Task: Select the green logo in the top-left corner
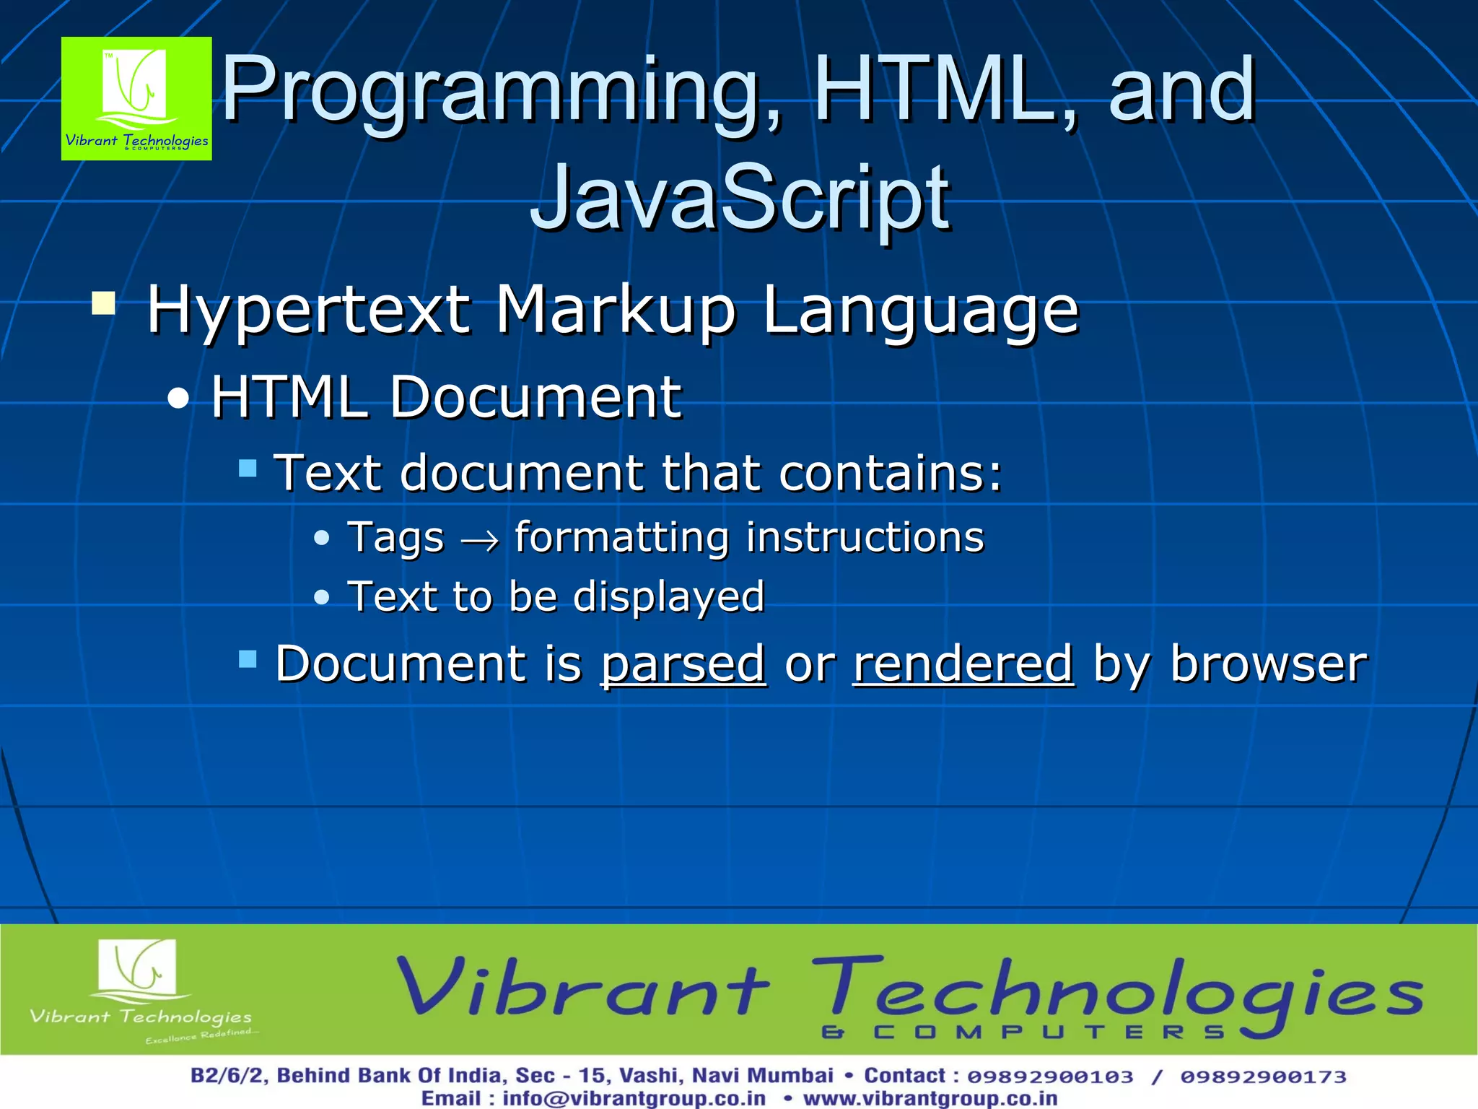136,98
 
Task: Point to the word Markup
616,310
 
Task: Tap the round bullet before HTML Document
178,399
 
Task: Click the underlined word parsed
683,664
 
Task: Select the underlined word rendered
963,664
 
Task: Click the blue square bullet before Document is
248,658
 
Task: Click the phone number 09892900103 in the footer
1050,1077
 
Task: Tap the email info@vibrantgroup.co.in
634,1098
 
